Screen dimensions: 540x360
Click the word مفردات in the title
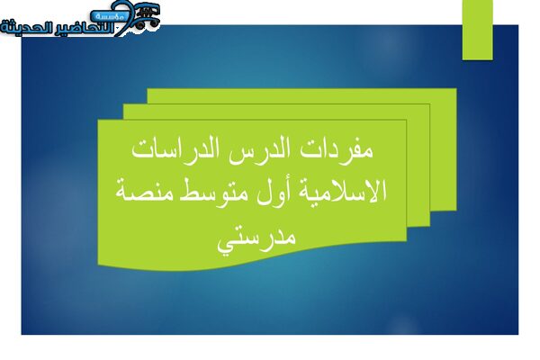coord(337,150)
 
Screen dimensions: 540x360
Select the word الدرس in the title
coord(256,150)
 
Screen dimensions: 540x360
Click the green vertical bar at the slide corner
coord(477,30)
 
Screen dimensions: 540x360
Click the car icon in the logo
coord(148,15)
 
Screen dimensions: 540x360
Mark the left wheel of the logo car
coord(140,25)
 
